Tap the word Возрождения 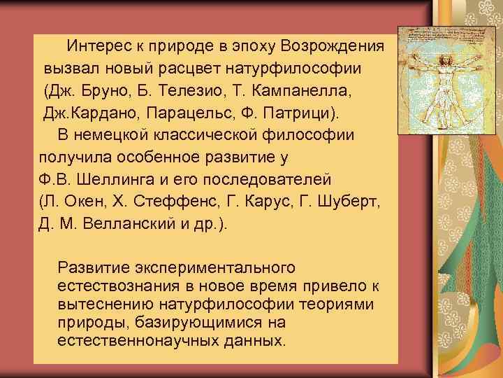334,47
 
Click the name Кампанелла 296,92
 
